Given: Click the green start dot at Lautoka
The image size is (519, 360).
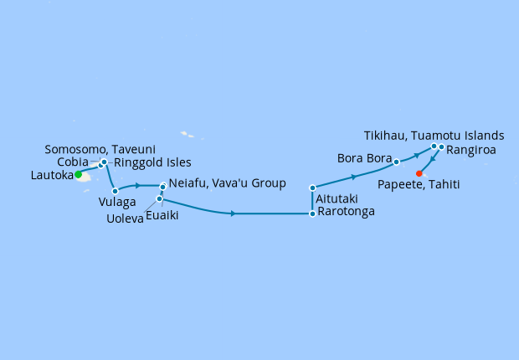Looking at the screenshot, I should point(78,175).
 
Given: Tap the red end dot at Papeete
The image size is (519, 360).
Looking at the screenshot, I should point(419,174).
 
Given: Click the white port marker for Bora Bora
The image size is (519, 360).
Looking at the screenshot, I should point(397,162).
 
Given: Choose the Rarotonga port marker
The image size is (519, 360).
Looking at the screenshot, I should point(312,213).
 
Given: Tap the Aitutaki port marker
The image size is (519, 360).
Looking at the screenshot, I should point(312,188).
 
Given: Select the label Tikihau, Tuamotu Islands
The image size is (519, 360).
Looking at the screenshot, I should point(434,135).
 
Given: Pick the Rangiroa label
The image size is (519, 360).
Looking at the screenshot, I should point(471,151).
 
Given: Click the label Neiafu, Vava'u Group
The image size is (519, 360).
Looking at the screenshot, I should point(227,183).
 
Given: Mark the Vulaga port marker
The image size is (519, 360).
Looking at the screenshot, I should point(115,192).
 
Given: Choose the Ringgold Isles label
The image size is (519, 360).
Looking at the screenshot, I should point(152,162).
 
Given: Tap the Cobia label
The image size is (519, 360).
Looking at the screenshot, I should point(74,162).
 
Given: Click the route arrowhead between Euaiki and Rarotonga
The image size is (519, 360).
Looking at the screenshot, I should point(232,214).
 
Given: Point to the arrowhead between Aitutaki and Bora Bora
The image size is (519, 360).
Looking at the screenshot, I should point(355,177).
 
